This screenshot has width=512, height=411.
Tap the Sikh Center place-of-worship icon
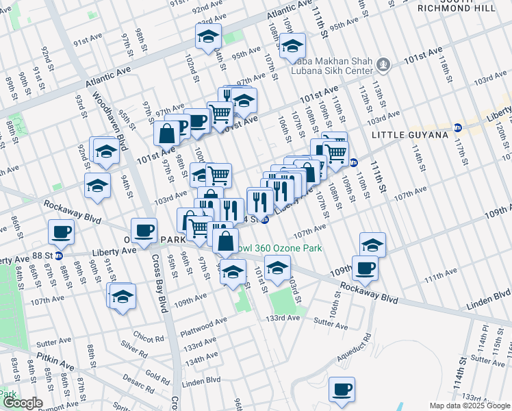coord(384,66)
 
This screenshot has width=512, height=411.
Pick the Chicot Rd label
coord(148,337)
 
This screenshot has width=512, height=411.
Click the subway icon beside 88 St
coord(60,256)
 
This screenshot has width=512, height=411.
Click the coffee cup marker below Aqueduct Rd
coord(342,390)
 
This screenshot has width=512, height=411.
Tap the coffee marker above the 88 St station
coord(61,232)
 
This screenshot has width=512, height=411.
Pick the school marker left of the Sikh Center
coord(292,47)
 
